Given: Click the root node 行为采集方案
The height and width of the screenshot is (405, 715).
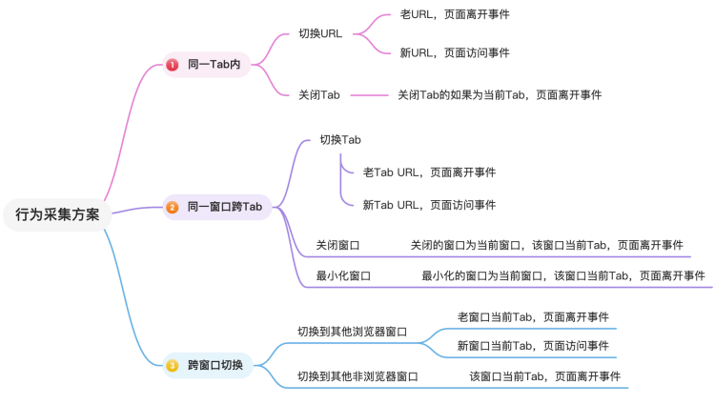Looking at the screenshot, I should [x=57, y=214].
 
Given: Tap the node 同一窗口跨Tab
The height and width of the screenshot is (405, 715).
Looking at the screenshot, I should [x=224, y=207].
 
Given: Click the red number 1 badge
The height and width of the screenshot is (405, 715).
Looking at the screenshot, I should [x=173, y=65].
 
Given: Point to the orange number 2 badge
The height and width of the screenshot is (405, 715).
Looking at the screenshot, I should [x=173, y=207].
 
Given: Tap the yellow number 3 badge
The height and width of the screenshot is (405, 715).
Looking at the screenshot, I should [x=173, y=365].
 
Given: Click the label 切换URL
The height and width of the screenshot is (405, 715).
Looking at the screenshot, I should [x=320, y=33].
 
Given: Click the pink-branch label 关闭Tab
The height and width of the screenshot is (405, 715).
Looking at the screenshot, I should [x=319, y=94].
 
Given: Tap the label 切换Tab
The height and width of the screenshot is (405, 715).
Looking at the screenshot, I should [x=340, y=140].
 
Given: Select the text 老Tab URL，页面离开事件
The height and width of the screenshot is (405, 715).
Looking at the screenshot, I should [x=429, y=172].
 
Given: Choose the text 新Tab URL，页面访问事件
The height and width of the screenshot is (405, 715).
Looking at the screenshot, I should [x=429, y=205].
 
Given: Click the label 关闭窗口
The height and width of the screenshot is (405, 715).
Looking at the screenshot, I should [x=337, y=245].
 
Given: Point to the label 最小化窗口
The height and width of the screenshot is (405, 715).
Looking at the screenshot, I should [x=343, y=275].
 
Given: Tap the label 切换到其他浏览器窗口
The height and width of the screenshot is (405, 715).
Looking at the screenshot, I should [x=352, y=332].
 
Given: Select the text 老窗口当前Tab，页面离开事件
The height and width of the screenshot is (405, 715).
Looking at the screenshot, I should [x=533, y=316].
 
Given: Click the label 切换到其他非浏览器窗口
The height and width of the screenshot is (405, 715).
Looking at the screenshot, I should [x=357, y=376].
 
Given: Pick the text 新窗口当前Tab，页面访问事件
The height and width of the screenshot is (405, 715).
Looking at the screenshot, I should [x=533, y=346].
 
